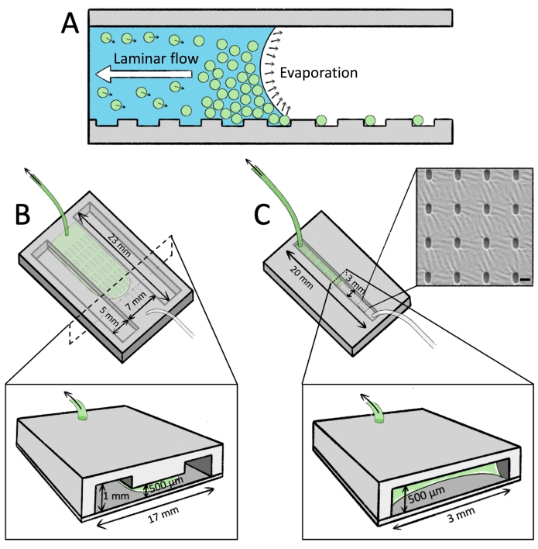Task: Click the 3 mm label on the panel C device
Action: pos(355,281)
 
